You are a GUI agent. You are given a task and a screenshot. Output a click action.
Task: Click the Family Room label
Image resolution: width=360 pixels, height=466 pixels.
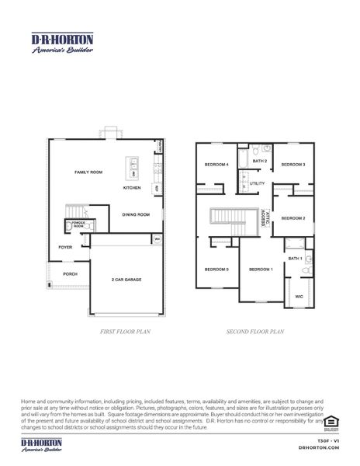point(88,171)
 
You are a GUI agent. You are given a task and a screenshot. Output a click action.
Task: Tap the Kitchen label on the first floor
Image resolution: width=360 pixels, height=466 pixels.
point(132,188)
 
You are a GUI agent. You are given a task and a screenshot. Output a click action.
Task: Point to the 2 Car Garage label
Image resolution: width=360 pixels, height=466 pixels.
point(126,280)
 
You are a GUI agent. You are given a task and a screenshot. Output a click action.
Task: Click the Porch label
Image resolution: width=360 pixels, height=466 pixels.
point(70,273)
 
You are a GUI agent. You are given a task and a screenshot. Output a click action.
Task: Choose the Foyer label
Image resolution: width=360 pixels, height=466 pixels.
point(65,247)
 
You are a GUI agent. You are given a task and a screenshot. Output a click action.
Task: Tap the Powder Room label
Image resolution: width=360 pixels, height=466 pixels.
point(78,224)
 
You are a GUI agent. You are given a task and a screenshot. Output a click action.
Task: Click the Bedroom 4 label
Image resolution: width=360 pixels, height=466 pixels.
point(215,165)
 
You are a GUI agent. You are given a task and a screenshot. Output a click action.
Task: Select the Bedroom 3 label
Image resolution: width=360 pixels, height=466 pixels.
point(292,165)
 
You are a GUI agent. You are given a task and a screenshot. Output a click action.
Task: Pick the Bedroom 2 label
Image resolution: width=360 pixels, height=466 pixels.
point(292,218)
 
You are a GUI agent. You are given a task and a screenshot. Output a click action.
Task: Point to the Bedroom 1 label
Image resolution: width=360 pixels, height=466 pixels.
point(260,269)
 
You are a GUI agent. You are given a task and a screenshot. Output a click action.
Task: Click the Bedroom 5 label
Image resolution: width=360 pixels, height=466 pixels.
point(216,269)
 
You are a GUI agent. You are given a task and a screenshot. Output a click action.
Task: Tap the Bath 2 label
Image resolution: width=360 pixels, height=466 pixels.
point(259,161)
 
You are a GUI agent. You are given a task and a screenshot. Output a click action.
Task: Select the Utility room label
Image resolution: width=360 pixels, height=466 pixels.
point(258,183)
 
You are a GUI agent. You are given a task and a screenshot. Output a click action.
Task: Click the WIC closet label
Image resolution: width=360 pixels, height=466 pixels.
point(299,296)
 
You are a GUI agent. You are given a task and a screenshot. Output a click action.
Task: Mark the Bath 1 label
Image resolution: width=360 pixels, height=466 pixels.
point(295,258)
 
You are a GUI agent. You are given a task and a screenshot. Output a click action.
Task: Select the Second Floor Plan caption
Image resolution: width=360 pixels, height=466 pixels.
point(255,332)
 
